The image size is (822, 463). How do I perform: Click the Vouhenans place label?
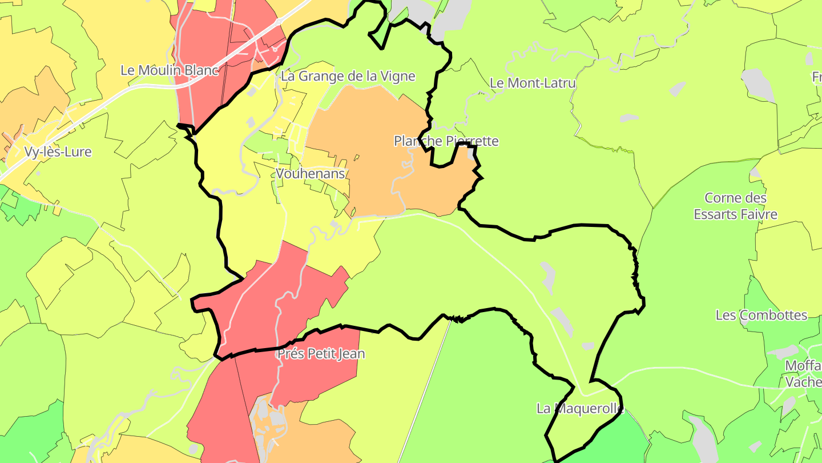pyautogui.click(x=311, y=173)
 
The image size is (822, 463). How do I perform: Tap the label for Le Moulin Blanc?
pyautogui.click(x=170, y=70)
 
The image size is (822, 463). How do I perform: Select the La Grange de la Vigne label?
pyautogui.click(x=348, y=76)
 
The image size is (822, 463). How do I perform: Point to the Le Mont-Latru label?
pyautogui.click(x=533, y=83)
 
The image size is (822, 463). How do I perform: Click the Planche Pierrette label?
pyautogui.click(x=446, y=141)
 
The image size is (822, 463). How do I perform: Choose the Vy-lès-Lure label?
pyautogui.click(x=58, y=152)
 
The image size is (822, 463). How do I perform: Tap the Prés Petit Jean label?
pyautogui.click(x=321, y=354)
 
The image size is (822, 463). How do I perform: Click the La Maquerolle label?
pyautogui.click(x=580, y=409)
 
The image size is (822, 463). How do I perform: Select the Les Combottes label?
pyautogui.click(x=761, y=315)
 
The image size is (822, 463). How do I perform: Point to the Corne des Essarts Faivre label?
pyautogui.click(x=735, y=206)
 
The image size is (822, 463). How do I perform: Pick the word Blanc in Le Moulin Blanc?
pyautogui.click(x=202, y=70)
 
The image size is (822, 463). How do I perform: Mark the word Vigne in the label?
pyautogui.click(x=397, y=76)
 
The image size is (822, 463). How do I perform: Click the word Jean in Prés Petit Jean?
pyautogui.click(x=352, y=354)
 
